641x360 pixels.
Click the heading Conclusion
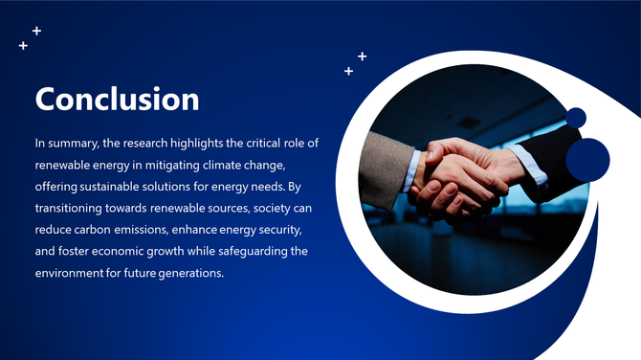click(x=117, y=100)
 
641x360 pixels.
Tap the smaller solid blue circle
click(x=576, y=118)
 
